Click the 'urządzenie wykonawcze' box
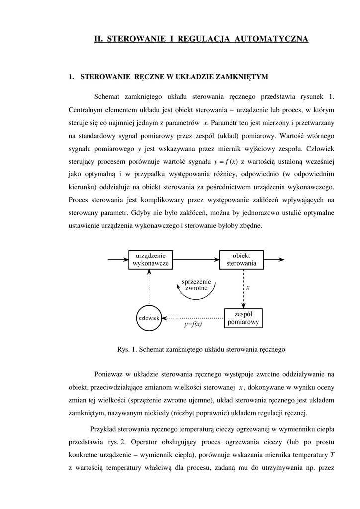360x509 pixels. [151, 259]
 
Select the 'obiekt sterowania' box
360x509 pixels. [241, 259]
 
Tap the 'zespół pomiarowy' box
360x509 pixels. [243, 318]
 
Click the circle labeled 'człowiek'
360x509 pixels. [148, 317]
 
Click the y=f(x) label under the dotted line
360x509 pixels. [193, 324]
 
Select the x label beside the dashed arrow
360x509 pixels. [248, 287]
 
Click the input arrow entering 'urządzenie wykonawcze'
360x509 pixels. [118, 259]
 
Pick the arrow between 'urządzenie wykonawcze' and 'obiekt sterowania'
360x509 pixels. [196, 259]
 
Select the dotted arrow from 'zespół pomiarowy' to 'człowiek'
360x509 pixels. [194, 317]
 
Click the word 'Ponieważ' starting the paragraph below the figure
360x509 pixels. [108, 374]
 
